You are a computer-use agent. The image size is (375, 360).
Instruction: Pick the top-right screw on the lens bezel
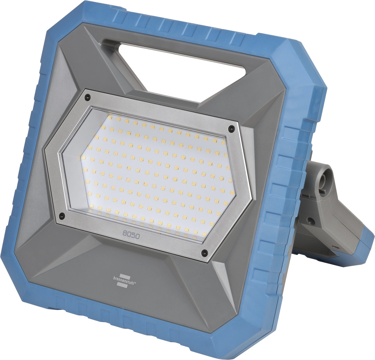click(x=231, y=129)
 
